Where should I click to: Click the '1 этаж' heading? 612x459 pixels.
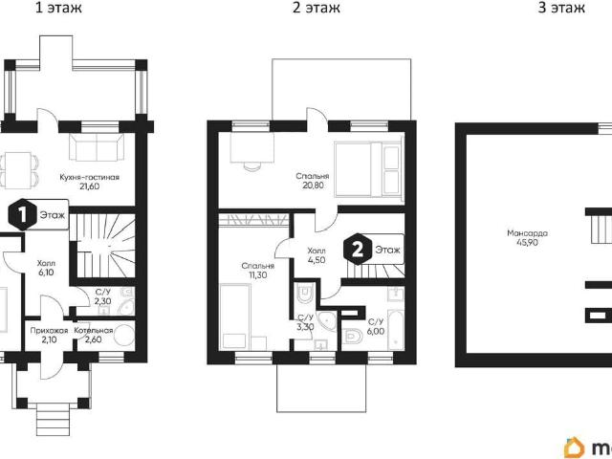[58, 8]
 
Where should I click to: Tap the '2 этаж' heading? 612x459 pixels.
[317, 8]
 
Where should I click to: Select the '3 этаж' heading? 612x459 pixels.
[561, 8]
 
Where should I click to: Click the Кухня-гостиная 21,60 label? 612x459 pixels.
[89, 182]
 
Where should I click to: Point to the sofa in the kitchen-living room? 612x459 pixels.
[97, 146]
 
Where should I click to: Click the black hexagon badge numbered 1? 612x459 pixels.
[23, 214]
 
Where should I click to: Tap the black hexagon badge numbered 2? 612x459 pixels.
[358, 249]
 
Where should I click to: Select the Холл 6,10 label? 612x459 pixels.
[46, 268]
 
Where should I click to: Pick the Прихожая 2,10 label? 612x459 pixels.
[49, 335]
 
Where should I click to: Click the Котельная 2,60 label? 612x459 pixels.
[94, 335]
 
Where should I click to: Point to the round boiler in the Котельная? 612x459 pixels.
[123, 335]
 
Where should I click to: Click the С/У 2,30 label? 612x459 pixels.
[103, 296]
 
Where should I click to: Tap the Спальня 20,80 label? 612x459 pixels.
[313, 181]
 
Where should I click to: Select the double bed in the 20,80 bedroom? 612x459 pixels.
[367, 168]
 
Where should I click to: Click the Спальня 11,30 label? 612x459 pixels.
[257, 270]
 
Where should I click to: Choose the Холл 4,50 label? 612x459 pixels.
[317, 255]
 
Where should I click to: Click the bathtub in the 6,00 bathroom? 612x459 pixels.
[396, 330]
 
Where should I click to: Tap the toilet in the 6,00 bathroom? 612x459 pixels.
[353, 336]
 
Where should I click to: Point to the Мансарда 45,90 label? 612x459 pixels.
[527, 238]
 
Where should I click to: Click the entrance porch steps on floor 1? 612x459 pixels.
[54, 420]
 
